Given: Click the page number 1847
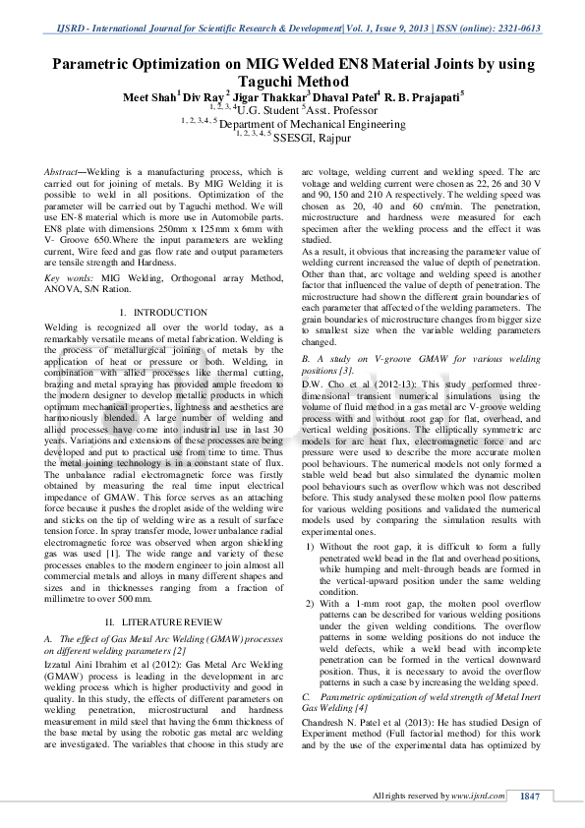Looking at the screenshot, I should (x=530, y=796).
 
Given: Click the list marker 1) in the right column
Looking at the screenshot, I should (x=311, y=546).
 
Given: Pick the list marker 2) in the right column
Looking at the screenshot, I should (x=311, y=600).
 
